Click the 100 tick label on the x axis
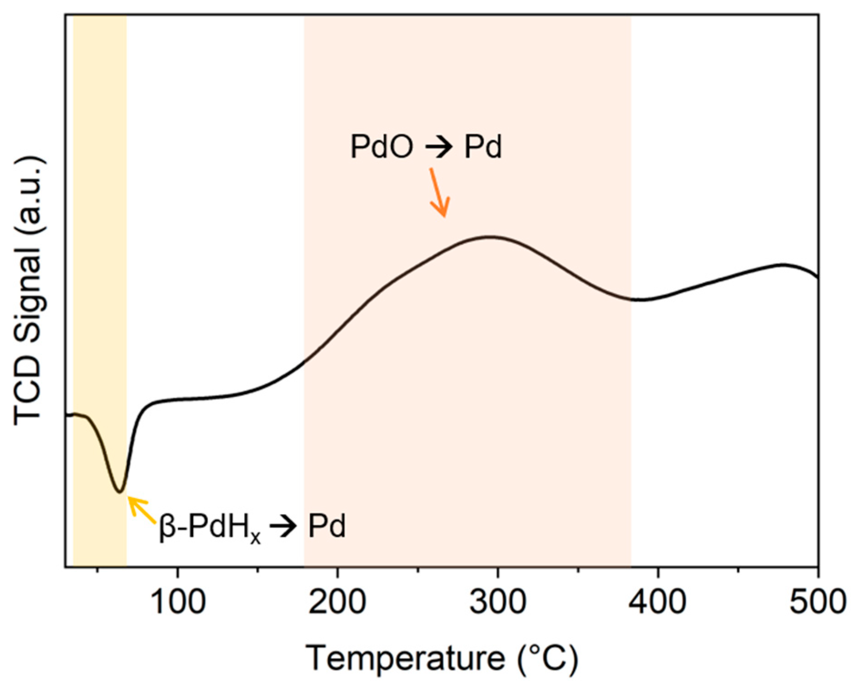(178, 602)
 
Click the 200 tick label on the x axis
(337, 602)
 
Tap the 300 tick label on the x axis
(498, 602)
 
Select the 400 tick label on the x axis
(658, 602)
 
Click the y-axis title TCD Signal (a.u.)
(30, 291)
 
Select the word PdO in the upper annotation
(382, 147)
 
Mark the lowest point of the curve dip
(120, 492)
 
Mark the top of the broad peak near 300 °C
(491, 237)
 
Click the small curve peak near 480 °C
(782, 264)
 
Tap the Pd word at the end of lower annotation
(326, 526)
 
